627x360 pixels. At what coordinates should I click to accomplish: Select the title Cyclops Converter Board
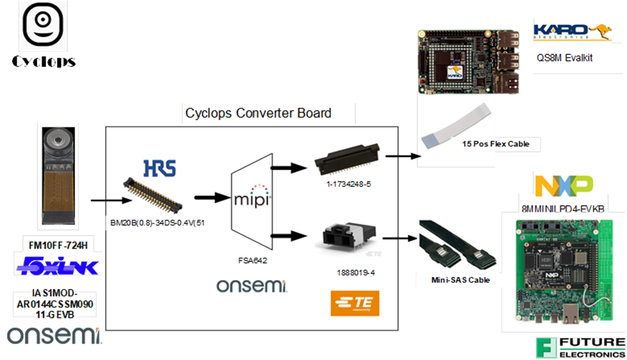click(258, 113)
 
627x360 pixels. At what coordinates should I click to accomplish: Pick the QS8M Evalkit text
click(565, 58)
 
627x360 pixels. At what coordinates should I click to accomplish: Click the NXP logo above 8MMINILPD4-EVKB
click(563, 184)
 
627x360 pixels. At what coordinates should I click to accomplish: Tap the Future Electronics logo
click(580, 347)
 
